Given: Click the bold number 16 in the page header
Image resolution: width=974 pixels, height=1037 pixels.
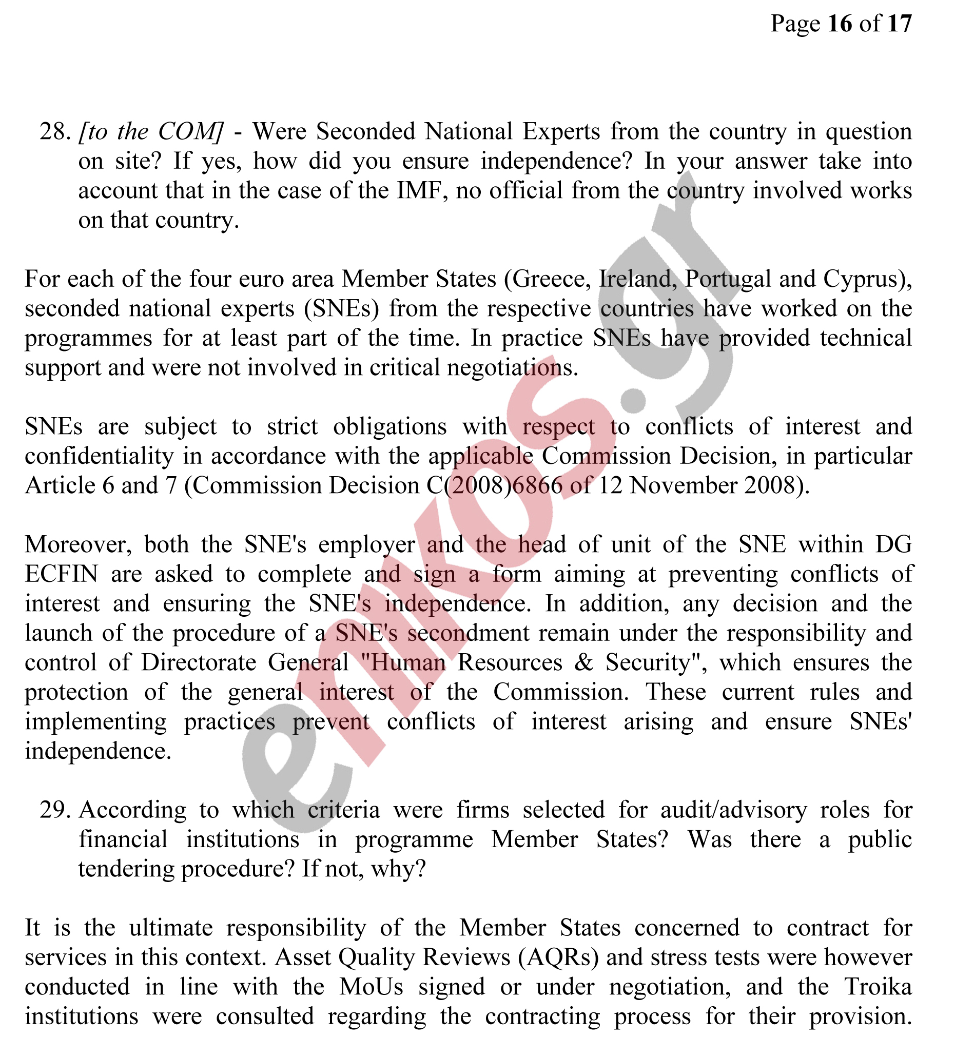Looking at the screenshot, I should tap(840, 24).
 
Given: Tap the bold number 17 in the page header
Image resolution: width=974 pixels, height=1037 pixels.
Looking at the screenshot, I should tap(899, 24).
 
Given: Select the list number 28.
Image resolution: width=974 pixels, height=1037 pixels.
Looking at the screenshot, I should tap(54, 131).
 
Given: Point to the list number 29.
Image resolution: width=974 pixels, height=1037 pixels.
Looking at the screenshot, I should tap(54, 810).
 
